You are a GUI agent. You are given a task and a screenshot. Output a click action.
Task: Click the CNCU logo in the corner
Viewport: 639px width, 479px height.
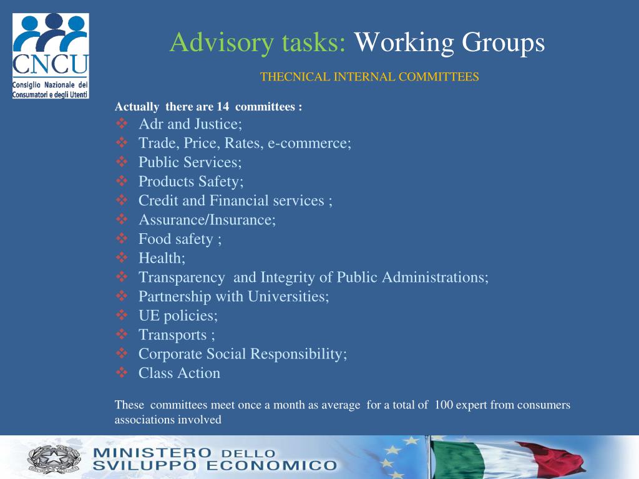tap(51, 56)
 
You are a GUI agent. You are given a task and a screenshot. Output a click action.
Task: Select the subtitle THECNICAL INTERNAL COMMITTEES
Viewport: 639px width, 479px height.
tap(369, 77)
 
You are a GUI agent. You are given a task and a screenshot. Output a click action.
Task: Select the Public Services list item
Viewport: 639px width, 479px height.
tap(190, 162)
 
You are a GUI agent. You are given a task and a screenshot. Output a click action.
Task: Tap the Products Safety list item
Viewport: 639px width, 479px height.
tap(191, 181)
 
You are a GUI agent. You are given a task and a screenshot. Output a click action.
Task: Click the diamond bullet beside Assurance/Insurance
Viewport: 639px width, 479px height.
tap(122, 219)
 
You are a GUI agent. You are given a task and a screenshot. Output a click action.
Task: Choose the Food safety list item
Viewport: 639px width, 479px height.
tap(180, 239)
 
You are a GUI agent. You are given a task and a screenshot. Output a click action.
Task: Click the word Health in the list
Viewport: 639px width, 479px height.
tap(160, 258)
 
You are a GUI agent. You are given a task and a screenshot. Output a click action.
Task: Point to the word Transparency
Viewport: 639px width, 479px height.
tap(182, 278)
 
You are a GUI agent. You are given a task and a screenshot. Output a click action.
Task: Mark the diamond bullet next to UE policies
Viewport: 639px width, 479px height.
tap(122, 315)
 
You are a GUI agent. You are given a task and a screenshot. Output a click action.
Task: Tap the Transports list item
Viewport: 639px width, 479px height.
tap(177, 335)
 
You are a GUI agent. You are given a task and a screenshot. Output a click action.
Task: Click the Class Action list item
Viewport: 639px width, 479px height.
tap(179, 373)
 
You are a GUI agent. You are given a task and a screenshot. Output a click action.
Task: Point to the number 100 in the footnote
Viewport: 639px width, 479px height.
tap(444, 405)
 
